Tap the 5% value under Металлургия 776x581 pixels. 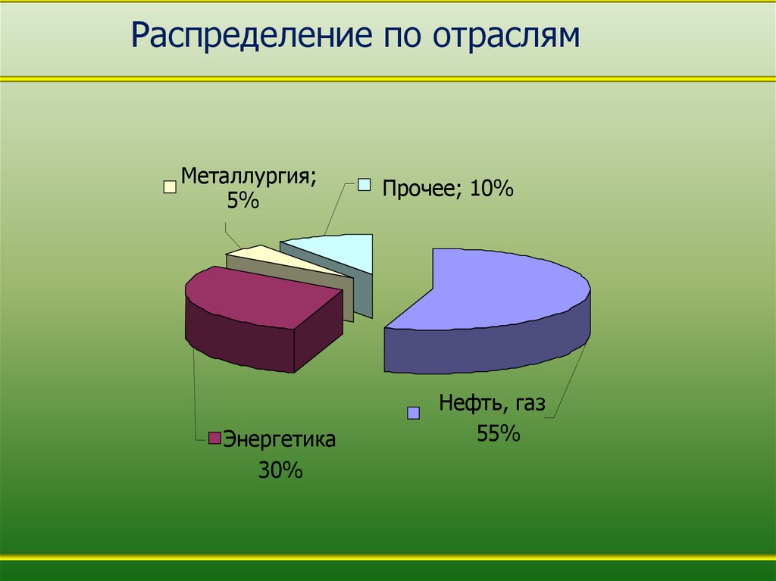243,201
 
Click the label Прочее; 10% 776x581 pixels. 448,188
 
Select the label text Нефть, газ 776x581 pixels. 492,403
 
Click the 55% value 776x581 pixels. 498,433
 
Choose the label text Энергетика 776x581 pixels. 279,439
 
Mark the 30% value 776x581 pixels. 280,470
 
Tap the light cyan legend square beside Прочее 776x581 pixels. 365,184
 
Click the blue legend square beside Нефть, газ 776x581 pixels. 413,413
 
